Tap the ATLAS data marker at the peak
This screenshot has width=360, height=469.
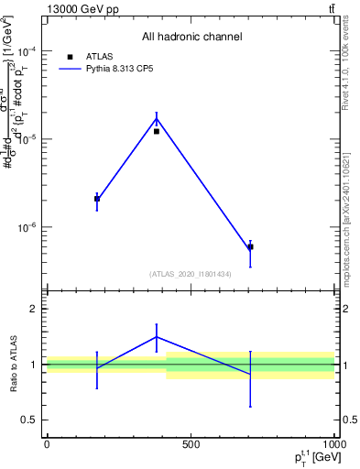pyautogui.click(x=157, y=131)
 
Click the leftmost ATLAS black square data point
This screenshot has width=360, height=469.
pyautogui.click(x=97, y=199)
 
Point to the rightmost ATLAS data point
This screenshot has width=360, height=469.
pyautogui.click(x=250, y=246)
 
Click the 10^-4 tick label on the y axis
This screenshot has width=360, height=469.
pyautogui.click(x=27, y=50)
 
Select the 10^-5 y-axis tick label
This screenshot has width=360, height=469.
pyautogui.click(x=27, y=138)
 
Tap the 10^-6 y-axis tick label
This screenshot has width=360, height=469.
pyautogui.click(x=27, y=226)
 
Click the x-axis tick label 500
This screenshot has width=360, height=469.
pyautogui.click(x=191, y=444)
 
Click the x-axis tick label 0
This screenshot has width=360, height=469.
pyautogui.click(x=47, y=444)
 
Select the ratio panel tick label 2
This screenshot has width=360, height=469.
pyautogui.click(x=34, y=310)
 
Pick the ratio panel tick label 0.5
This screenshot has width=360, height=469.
pyautogui.click(x=30, y=420)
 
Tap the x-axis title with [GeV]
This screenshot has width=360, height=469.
pyautogui.click(x=311, y=457)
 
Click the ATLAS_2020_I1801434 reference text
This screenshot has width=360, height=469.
pyautogui.click(x=191, y=274)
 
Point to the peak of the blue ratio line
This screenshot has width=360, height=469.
pyautogui.click(x=157, y=336)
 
